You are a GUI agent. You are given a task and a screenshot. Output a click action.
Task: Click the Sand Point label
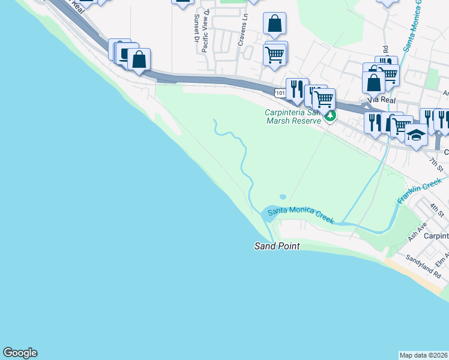(x=277, y=247)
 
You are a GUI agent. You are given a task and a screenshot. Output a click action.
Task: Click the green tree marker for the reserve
(x=330, y=116)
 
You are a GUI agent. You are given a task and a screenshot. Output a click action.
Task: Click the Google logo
(x=20, y=353)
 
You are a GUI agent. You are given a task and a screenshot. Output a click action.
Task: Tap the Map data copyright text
(x=424, y=355)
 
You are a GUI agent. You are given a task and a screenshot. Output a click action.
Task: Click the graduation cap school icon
(x=416, y=135)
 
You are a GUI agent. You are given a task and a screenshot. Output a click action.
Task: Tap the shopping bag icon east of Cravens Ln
(x=274, y=24)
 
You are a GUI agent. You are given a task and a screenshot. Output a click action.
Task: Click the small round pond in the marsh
(x=283, y=196)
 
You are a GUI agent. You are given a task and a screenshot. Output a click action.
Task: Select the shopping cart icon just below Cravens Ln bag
(x=274, y=54)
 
